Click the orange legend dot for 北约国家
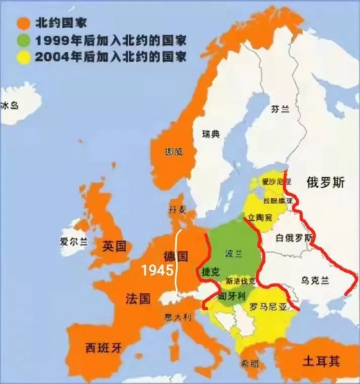coord(24,24)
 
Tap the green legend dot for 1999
coord(24,40)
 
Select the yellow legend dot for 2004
coord(24,57)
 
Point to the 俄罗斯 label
coord(325,182)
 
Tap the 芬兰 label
coord(280,109)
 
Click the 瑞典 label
coord(210,134)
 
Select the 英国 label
coord(115,246)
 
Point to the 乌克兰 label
coord(315,280)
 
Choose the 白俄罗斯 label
coord(293,239)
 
